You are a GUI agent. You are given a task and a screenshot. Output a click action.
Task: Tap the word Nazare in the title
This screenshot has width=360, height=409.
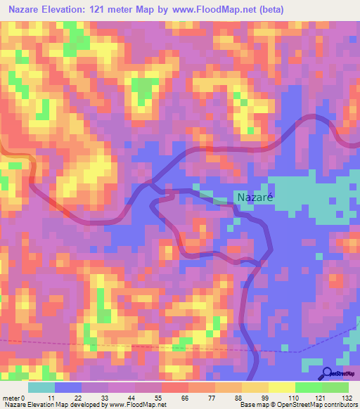[x=23, y=10]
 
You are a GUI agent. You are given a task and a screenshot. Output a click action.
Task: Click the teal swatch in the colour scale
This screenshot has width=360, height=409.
[x=41, y=387]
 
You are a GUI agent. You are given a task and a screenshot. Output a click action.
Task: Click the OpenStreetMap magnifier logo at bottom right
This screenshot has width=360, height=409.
[x=340, y=375]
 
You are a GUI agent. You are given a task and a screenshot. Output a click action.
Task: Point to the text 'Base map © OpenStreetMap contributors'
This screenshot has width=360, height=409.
[x=299, y=405]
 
